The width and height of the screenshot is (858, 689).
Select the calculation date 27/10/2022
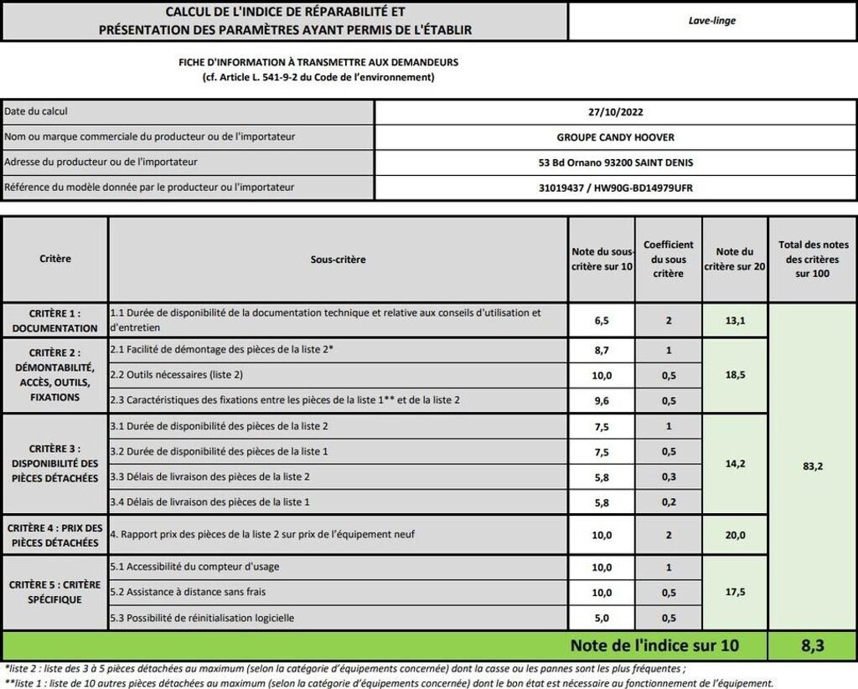[x=616, y=112]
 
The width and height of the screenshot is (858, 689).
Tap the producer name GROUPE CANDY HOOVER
[x=616, y=137]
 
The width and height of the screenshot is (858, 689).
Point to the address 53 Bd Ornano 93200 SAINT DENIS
[x=616, y=162]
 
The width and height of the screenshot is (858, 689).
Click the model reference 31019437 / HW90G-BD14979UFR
[x=616, y=188]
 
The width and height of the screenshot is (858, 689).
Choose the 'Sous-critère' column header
[x=338, y=260]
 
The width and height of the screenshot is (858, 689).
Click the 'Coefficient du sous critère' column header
[x=668, y=260]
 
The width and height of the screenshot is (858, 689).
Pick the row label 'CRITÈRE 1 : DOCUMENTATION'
[x=55, y=320]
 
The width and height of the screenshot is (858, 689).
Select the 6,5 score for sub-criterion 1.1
[x=602, y=320]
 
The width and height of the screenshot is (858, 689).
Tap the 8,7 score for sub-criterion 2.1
[x=602, y=350]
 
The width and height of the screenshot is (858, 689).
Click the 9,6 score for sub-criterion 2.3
[x=602, y=401]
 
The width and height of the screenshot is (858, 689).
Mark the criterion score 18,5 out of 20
[x=735, y=376]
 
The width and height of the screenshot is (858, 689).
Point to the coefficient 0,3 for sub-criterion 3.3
[x=668, y=476]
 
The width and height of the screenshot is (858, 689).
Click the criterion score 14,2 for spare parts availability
[x=735, y=464]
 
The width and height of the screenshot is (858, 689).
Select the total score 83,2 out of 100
[x=812, y=466]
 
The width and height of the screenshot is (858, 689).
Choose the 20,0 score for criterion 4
[x=735, y=535]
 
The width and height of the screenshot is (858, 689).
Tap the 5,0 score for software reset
[x=602, y=619]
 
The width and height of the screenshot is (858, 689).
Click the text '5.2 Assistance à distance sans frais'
[x=188, y=592]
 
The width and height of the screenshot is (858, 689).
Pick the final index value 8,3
[x=812, y=645]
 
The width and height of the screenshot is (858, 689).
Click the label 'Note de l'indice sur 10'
[x=655, y=645]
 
